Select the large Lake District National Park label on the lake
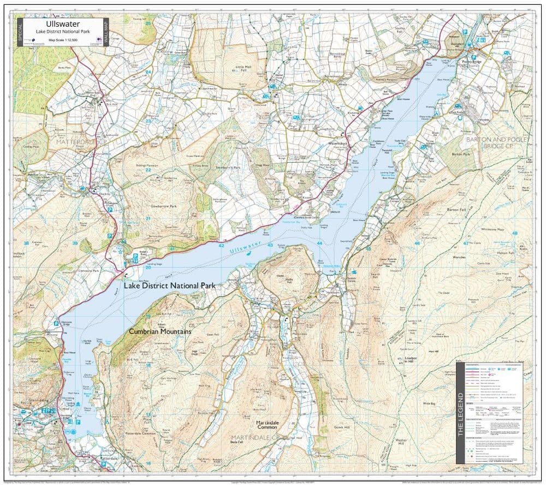coord(169,286)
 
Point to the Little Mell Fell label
coord(243,69)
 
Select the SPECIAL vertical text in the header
coord(20,32)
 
